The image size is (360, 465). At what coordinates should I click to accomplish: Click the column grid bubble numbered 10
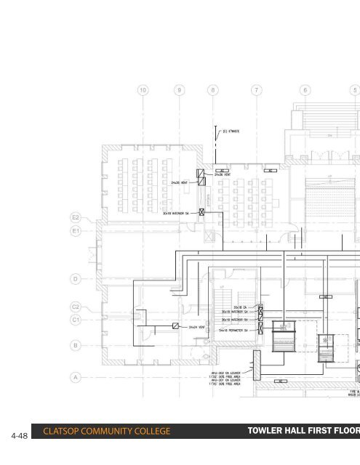coord(143,91)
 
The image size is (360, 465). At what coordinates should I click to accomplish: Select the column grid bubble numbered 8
coord(212,91)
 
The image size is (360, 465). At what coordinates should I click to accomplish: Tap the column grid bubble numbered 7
coord(255,91)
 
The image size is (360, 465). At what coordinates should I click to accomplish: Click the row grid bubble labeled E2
coord(76,217)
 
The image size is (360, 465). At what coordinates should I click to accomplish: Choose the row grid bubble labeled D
coord(76,278)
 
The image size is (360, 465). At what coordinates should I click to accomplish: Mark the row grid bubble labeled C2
coord(76,307)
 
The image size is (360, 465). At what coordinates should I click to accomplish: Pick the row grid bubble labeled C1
coord(76,319)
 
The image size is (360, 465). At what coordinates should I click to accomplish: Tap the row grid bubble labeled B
coord(76,345)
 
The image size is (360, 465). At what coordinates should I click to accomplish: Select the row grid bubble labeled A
coord(76,377)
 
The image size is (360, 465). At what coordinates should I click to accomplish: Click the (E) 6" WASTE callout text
coord(232,132)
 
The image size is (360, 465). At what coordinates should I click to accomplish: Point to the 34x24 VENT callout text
coord(199,327)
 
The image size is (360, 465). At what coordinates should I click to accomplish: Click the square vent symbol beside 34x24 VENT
coord(175,327)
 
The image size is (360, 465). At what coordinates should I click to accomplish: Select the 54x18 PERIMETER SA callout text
coord(236,331)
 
